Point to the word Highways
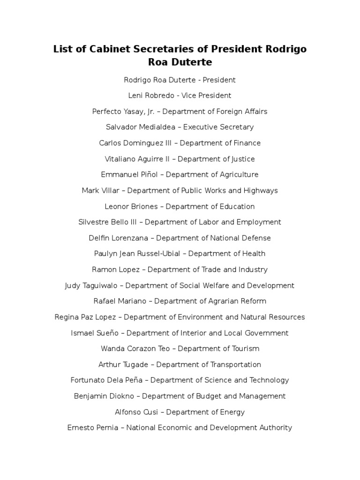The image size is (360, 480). (x=261, y=191)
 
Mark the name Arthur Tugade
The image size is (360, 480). (x=124, y=365)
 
